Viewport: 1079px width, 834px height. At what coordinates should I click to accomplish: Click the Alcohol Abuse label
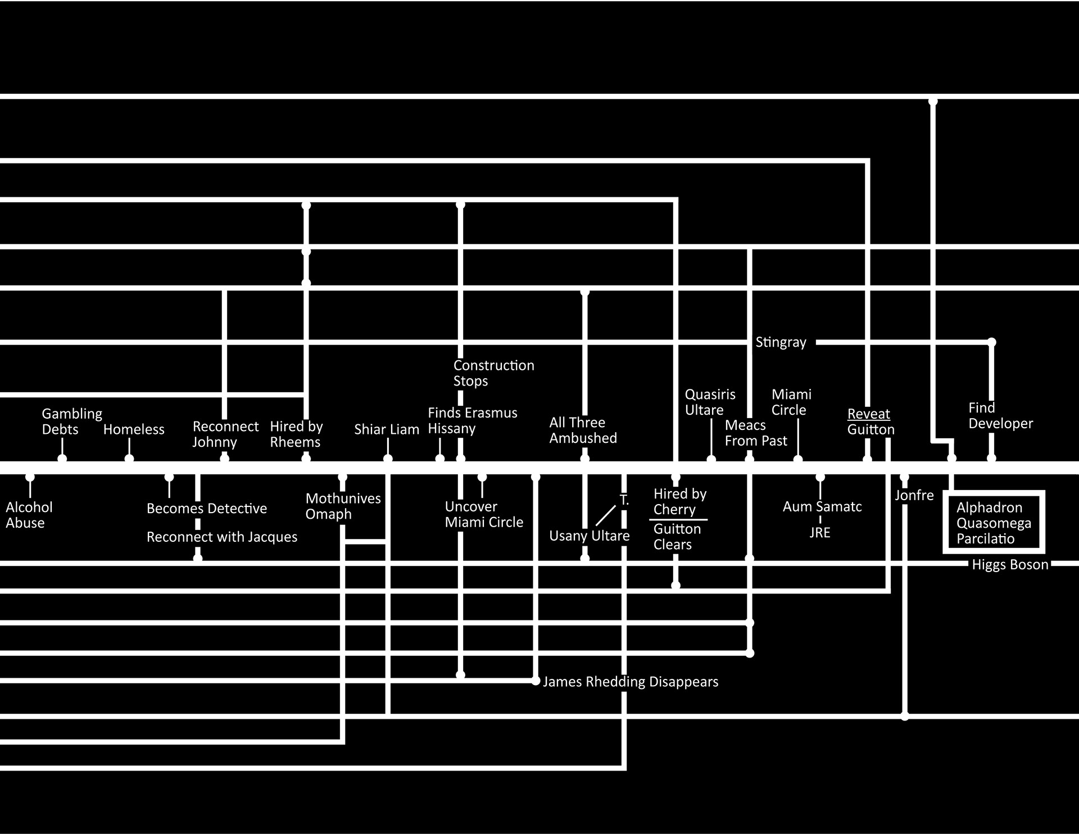click(29, 515)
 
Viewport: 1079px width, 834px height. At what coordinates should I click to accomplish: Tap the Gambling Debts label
click(71, 421)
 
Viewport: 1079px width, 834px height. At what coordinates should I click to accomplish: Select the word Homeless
click(134, 429)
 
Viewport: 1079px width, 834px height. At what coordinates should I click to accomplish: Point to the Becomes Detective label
click(206, 509)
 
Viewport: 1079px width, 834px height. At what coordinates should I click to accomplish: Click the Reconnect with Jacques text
click(221, 537)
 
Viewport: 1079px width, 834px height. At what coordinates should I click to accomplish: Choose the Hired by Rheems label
click(296, 434)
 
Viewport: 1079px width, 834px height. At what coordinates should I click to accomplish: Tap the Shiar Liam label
click(387, 429)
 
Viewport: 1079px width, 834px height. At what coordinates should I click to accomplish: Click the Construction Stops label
click(493, 373)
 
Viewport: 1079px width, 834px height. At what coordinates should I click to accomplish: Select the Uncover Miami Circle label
click(483, 514)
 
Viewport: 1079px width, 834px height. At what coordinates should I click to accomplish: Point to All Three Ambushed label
click(583, 430)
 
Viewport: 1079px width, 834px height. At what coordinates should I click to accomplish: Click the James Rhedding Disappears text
click(630, 682)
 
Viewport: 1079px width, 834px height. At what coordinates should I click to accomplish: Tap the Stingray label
click(781, 342)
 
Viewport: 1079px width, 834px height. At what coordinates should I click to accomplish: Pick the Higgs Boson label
click(1010, 565)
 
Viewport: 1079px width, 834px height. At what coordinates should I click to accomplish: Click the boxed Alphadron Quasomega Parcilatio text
click(993, 523)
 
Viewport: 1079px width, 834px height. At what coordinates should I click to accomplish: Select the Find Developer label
click(1000, 416)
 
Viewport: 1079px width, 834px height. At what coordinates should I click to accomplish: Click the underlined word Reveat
click(868, 414)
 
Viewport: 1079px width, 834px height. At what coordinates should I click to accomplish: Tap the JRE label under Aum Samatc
click(819, 533)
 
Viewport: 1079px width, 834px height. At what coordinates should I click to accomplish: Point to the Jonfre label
click(914, 496)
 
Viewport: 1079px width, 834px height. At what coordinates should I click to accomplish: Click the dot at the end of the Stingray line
click(992, 342)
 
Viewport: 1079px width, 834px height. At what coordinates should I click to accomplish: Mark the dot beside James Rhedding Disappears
click(536, 681)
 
